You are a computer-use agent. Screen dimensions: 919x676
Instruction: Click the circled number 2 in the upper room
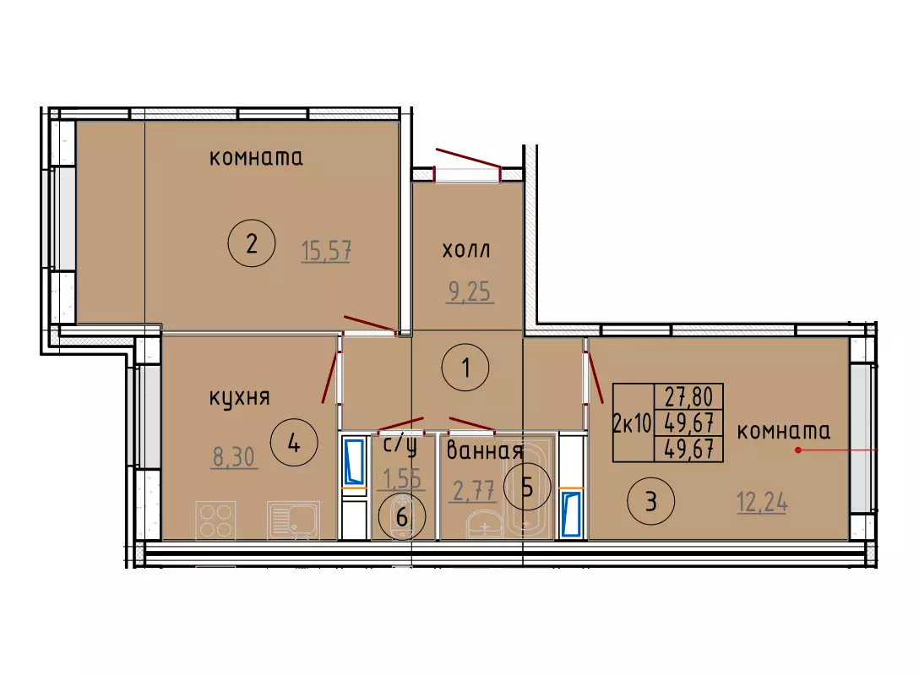tap(252, 243)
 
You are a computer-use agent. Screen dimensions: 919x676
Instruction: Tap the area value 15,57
tap(326, 251)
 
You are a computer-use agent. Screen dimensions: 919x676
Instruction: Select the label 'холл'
tap(466, 250)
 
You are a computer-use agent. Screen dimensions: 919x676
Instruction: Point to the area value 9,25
tap(470, 292)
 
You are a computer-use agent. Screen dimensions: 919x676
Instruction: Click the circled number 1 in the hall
tap(465, 368)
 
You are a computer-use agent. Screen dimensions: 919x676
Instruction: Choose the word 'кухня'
tap(240, 399)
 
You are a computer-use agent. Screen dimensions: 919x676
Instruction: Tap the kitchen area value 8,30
tap(233, 457)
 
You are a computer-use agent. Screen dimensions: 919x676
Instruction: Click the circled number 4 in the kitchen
tap(294, 444)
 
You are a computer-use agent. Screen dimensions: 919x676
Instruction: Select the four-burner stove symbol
tap(215, 520)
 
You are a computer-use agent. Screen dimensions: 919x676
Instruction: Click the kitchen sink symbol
tap(293, 520)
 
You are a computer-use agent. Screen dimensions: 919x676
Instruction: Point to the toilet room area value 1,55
tap(402, 478)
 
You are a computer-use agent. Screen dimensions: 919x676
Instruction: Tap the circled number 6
tap(402, 516)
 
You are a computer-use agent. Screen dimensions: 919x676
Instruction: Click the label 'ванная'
tap(484, 451)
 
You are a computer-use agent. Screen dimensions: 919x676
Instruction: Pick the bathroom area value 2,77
tap(473, 490)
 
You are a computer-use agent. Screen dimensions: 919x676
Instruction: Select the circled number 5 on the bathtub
tap(527, 487)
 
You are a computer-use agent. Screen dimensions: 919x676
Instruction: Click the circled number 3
tap(650, 502)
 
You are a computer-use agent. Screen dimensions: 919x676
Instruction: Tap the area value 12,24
tap(762, 503)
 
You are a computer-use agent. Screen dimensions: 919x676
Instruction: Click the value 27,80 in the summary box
tap(688, 396)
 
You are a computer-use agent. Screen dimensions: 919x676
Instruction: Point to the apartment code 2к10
tap(633, 422)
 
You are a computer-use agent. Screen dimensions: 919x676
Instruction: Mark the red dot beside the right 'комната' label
tap(798, 450)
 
